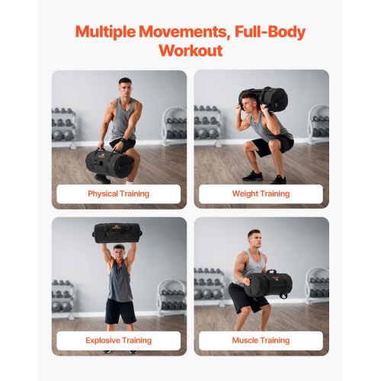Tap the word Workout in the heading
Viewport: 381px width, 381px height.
coord(190,51)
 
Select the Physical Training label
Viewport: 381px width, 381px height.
coord(118,194)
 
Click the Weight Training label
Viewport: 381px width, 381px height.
coord(261,194)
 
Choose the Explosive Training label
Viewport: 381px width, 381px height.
coord(118,340)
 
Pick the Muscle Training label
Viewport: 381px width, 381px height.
coord(261,340)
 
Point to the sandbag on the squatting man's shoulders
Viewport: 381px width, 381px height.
coord(263,100)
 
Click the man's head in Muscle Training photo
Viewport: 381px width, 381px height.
coord(255,239)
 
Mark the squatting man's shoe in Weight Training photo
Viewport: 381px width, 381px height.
coord(278,179)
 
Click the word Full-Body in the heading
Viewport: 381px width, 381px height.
coord(263,33)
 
